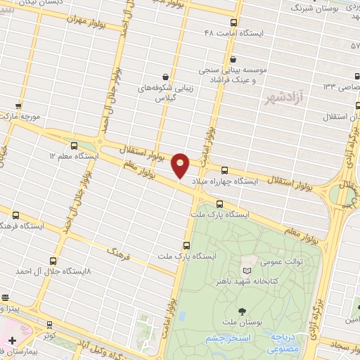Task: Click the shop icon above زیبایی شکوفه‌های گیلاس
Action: coord(165,77)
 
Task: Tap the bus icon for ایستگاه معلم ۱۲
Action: coord(75,144)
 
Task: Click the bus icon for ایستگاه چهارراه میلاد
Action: coord(225,170)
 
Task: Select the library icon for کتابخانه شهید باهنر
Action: coord(245,270)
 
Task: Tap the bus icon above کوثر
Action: coord(49,325)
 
